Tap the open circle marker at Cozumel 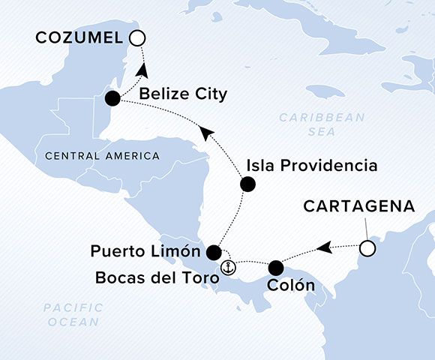(x=136, y=37)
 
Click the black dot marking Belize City (x=112, y=98)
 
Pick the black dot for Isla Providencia (x=247, y=184)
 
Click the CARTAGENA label (x=349, y=205)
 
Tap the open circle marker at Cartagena (x=367, y=247)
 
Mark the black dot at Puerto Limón (x=214, y=251)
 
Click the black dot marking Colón (x=276, y=266)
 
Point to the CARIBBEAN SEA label (x=320, y=124)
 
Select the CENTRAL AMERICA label (x=102, y=156)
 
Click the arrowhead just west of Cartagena (x=323, y=247)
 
